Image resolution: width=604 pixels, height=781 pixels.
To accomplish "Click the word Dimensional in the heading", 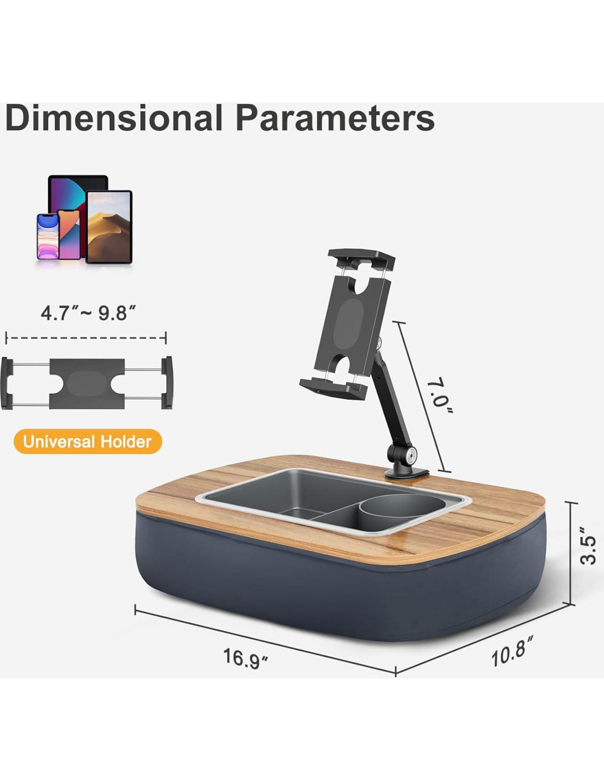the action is tap(114, 118).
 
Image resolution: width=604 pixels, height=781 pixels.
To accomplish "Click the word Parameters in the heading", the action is tap(335, 118).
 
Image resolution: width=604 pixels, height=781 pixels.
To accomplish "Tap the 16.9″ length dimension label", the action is tap(246, 659).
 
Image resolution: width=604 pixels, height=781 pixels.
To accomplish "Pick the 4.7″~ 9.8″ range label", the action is tap(88, 313).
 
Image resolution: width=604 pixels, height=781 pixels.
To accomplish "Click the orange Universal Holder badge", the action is tap(88, 442).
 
